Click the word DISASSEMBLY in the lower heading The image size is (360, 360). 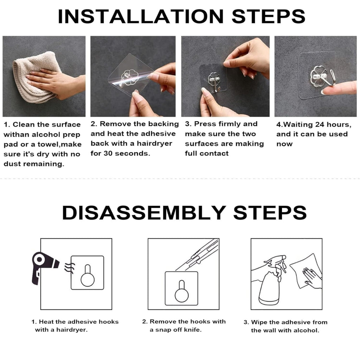coord(143,212)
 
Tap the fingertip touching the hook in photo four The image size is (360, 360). coord(325,91)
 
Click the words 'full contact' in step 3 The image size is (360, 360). coord(207,153)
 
